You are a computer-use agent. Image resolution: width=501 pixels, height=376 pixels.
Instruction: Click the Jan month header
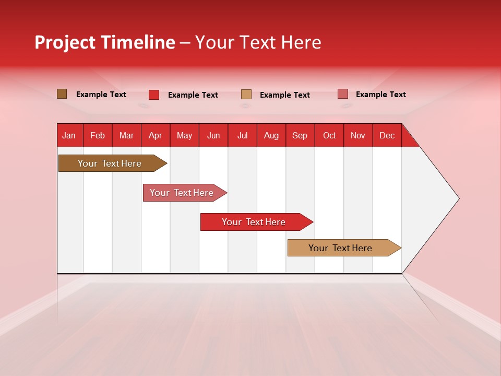[69, 135]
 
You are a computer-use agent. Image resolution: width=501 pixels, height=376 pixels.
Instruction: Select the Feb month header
[98, 135]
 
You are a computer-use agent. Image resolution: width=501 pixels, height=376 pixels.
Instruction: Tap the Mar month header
[126, 135]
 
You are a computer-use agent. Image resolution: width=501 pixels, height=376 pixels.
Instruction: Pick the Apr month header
[156, 135]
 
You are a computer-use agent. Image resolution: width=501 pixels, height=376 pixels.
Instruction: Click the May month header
[184, 135]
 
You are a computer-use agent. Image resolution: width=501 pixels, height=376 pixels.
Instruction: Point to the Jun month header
[213, 135]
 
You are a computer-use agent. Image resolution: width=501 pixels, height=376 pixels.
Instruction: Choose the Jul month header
[242, 135]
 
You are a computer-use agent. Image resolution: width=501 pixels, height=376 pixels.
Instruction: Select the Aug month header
[271, 135]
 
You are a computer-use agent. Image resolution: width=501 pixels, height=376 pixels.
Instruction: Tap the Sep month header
[300, 135]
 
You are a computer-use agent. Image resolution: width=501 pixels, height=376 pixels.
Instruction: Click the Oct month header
[329, 135]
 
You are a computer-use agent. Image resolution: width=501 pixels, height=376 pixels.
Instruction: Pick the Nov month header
[358, 135]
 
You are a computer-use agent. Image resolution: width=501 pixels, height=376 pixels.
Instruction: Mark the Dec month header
[387, 135]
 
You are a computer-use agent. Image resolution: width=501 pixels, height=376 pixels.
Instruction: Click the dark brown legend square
[62, 94]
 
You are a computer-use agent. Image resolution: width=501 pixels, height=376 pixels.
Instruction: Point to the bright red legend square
[154, 95]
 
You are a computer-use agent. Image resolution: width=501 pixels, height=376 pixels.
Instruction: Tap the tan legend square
[246, 95]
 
